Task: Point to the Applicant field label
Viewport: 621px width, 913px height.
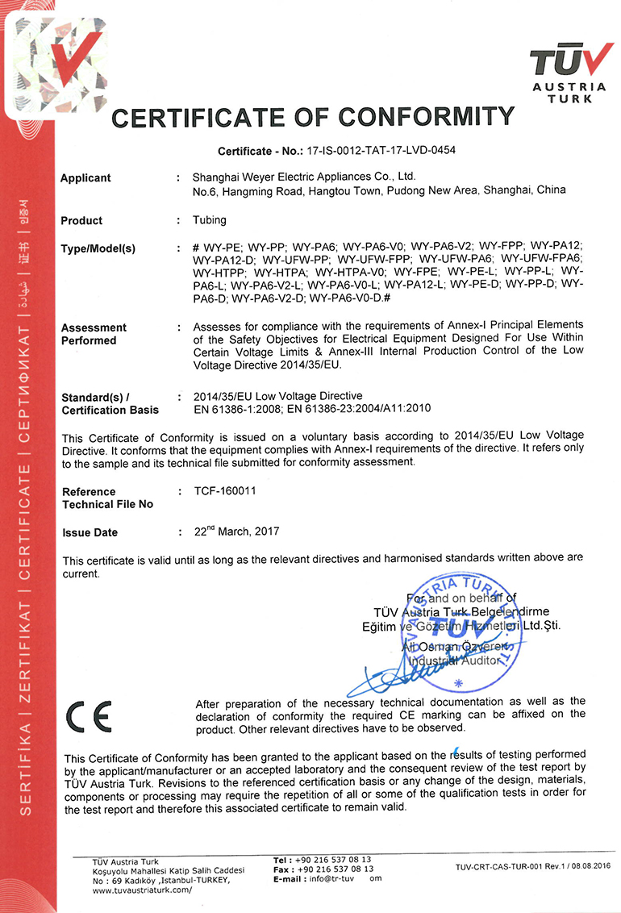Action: (85, 178)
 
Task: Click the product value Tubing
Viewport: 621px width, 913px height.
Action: (210, 220)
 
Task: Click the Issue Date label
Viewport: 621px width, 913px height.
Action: (90, 532)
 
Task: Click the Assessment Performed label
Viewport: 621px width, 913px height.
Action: (94, 334)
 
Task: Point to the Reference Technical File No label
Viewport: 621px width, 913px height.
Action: (107, 498)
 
